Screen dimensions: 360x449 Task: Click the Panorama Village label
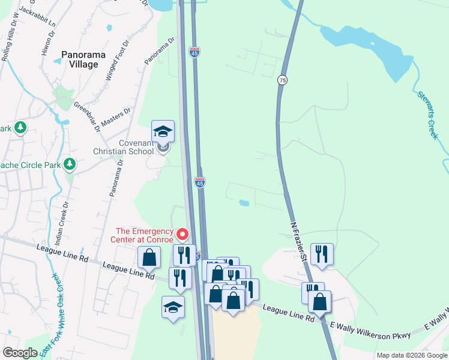83,59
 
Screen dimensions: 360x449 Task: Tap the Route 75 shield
282,80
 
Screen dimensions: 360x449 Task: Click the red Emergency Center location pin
181,234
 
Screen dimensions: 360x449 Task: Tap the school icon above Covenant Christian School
163,131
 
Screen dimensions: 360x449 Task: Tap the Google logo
20,353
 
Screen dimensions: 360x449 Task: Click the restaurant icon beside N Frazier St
322,253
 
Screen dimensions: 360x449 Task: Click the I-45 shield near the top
194,53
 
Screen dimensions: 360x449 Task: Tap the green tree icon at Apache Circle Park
70,163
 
